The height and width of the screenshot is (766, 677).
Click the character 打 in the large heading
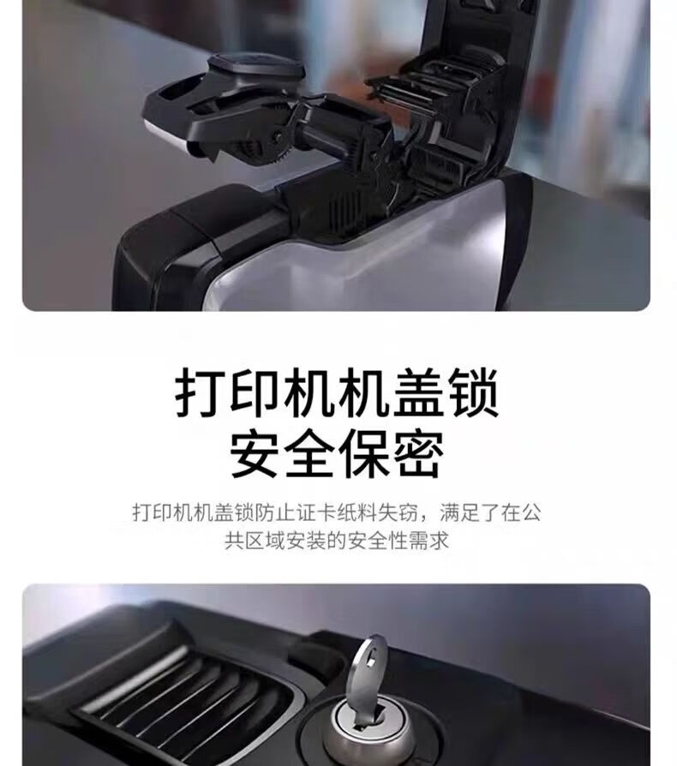coord(201,393)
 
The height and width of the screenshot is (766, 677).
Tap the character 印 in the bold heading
coord(256,393)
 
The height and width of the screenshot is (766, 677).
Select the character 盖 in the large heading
coord(419,393)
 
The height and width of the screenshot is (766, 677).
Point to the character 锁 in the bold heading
coord(473,393)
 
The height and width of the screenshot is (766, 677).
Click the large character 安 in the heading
coord(256,454)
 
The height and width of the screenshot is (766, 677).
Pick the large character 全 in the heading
coord(311,454)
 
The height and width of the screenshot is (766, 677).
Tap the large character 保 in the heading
coord(365,454)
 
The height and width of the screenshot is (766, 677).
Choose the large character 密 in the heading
coord(419,454)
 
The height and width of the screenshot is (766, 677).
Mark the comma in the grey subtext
coord(424,518)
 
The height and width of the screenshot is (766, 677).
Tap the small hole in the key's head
coord(371,662)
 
